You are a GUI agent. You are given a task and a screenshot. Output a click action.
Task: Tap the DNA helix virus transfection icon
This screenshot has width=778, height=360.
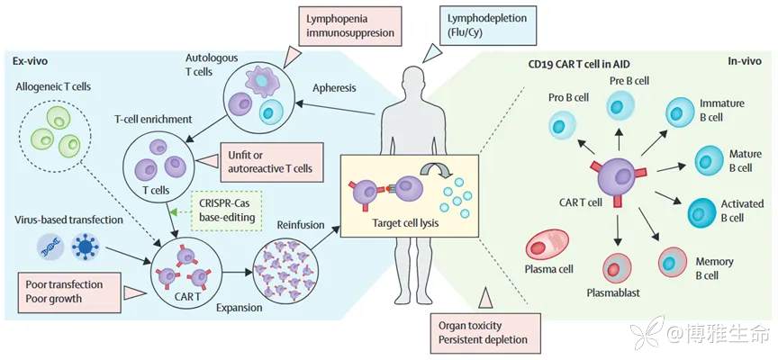[51, 245]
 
